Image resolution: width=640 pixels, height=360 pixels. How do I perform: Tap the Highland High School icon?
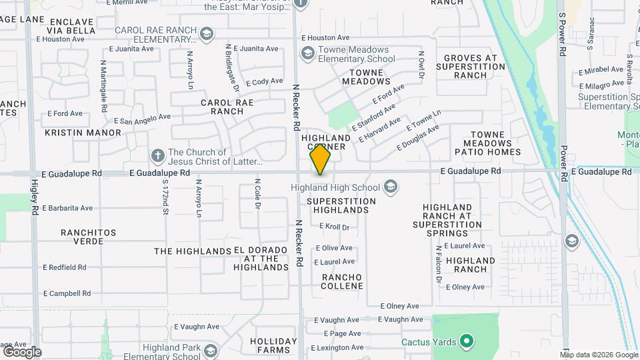pyautogui.click(x=390, y=187)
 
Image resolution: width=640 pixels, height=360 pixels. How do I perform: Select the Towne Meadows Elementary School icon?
pyautogui.click(x=307, y=53)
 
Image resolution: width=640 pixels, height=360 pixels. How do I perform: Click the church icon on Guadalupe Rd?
pyautogui.click(x=157, y=156)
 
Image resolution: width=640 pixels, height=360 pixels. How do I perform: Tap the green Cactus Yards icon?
pyautogui.click(x=467, y=342)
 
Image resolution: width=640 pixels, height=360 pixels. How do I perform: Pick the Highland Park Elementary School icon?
pyautogui.click(x=210, y=350)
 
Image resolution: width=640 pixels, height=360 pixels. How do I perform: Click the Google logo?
pyautogui.click(x=22, y=351)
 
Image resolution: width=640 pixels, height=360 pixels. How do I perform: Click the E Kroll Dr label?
pyautogui.click(x=334, y=227)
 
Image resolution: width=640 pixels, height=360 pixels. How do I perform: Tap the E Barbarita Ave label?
pyautogui.click(x=67, y=208)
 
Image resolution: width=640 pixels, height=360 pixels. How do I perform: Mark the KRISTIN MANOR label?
pyautogui.click(x=83, y=133)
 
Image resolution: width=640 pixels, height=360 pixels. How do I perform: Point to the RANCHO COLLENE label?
pyautogui.click(x=342, y=281)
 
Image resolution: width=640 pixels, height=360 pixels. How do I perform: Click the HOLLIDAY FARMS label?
pyautogui.click(x=273, y=345)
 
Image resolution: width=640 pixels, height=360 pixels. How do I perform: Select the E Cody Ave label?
pyautogui.click(x=264, y=82)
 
